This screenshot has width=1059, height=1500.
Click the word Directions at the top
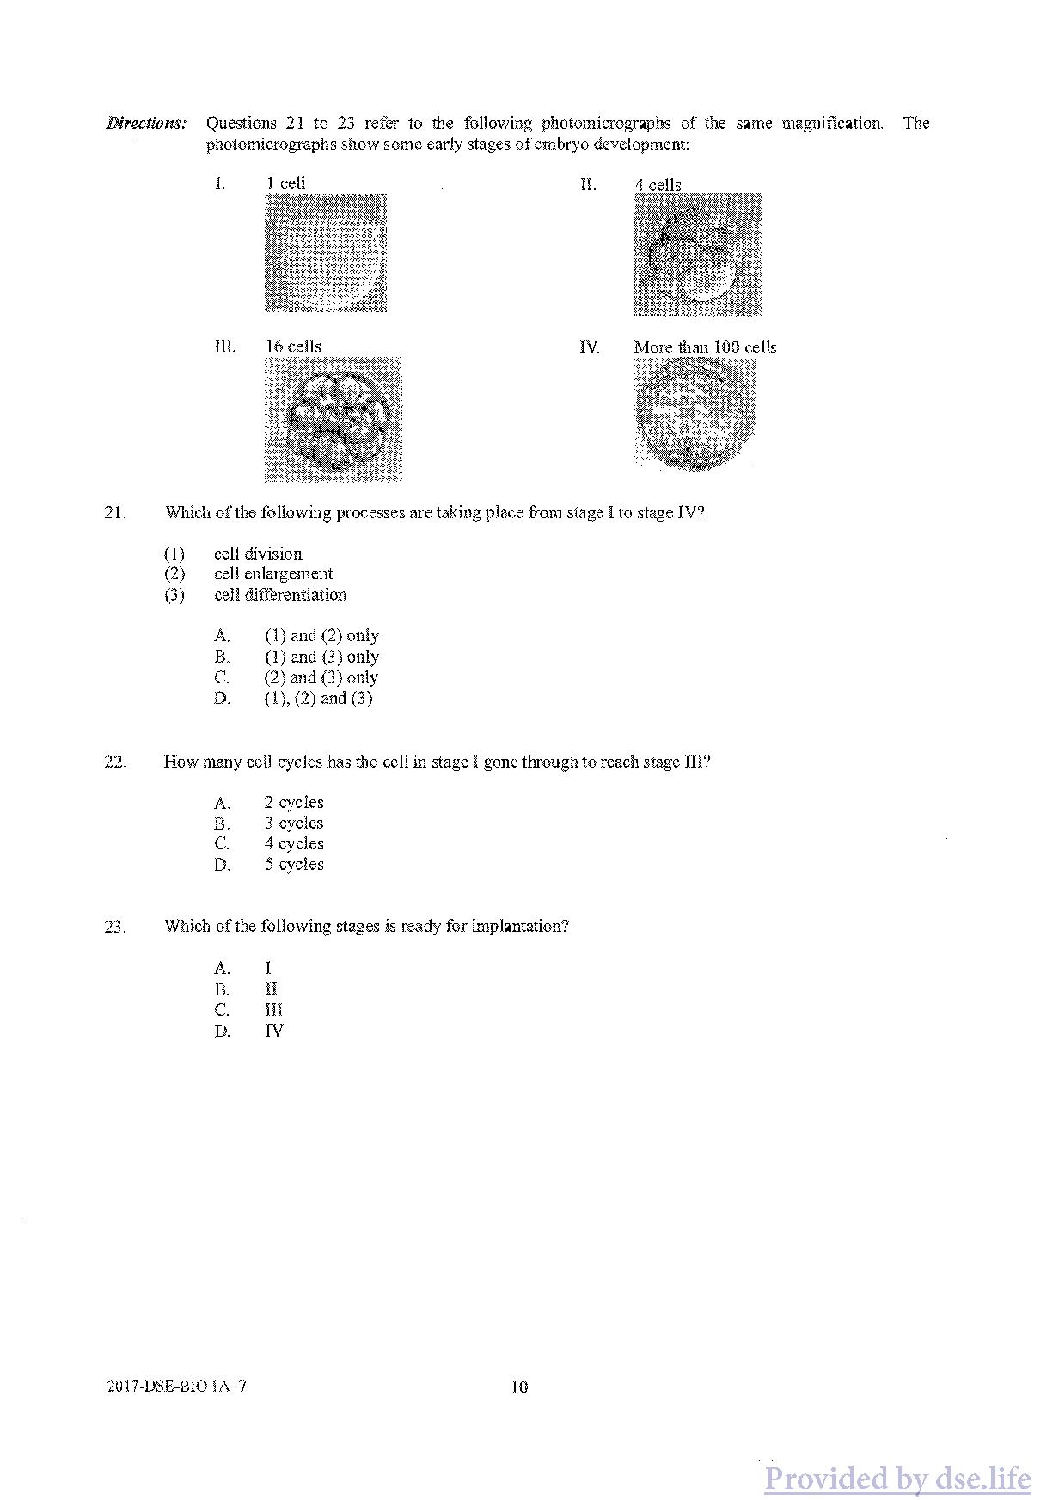pyautogui.click(x=145, y=123)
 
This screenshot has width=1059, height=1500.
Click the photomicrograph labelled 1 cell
pyautogui.click(x=326, y=253)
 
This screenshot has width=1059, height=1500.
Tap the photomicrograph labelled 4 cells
pyautogui.click(x=697, y=255)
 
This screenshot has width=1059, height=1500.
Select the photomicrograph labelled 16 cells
pyautogui.click(x=334, y=419)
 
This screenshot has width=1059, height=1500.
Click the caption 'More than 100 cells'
pyautogui.click(x=705, y=347)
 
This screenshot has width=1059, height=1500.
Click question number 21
pyautogui.click(x=115, y=513)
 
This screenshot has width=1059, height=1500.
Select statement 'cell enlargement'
pyautogui.click(x=272, y=574)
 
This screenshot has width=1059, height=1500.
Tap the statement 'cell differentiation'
pyautogui.click(x=280, y=595)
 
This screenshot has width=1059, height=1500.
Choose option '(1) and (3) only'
pyautogui.click(x=321, y=657)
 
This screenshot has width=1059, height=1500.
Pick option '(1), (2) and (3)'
pyautogui.click(x=318, y=699)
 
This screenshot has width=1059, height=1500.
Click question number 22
pyautogui.click(x=115, y=762)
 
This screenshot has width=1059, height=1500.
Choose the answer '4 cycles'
pyautogui.click(x=294, y=844)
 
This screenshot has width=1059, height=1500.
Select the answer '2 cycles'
pyautogui.click(x=294, y=803)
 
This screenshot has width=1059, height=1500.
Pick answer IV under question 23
pyautogui.click(x=273, y=1031)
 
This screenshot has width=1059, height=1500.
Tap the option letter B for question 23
pyautogui.click(x=222, y=989)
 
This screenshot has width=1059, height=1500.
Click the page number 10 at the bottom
pyautogui.click(x=519, y=1387)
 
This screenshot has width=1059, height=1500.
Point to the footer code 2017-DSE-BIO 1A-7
pyautogui.click(x=177, y=1386)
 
